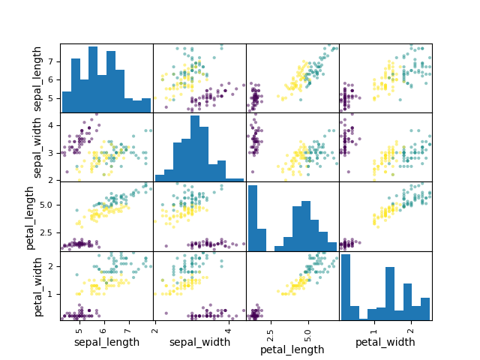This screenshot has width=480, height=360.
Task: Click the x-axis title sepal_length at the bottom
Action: (x=106, y=342)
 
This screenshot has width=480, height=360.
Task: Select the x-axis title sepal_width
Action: (x=199, y=342)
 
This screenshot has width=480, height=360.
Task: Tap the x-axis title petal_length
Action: (x=292, y=349)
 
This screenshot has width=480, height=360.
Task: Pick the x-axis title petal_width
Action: (x=385, y=342)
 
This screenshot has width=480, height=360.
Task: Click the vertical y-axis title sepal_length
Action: (x=37, y=78)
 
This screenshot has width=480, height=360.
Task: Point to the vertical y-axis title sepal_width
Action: (x=37, y=147)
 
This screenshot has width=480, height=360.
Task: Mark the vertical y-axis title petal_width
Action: (x=37, y=286)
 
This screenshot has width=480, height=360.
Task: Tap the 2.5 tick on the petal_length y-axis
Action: (x=46, y=232)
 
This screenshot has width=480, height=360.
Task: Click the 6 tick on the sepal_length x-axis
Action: (x=103, y=328)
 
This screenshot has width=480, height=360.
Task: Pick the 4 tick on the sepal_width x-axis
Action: (x=228, y=328)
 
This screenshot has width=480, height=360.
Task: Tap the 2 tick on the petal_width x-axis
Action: (x=410, y=328)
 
